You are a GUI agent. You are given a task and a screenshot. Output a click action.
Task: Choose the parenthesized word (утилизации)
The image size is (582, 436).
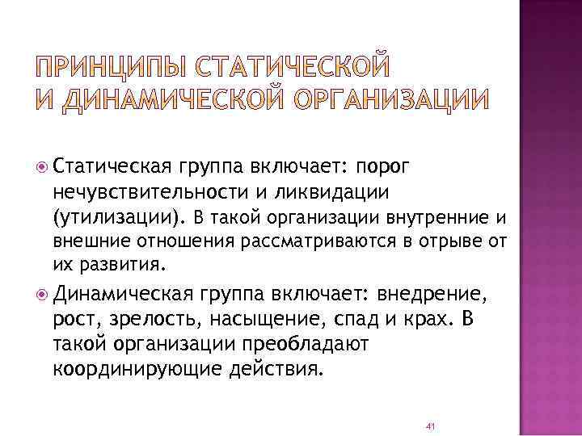pos(120,217)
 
